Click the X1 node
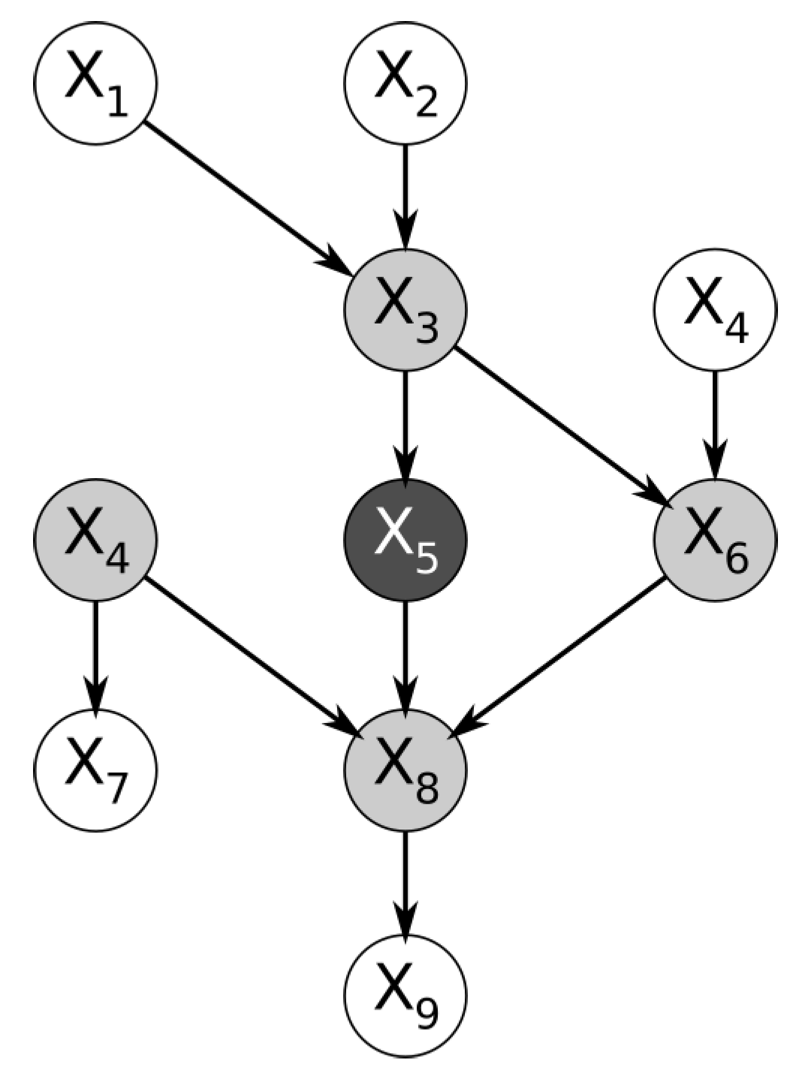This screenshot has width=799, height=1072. pyautogui.click(x=95, y=83)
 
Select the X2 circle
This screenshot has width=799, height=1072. pyautogui.click(x=406, y=83)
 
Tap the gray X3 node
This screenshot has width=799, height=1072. pyautogui.click(x=406, y=309)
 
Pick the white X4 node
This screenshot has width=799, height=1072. pyautogui.click(x=715, y=309)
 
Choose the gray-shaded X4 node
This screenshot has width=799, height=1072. pyautogui.click(x=95, y=539)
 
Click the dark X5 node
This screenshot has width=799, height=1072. pyautogui.click(x=406, y=539)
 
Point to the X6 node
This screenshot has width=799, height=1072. pyautogui.click(x=715, y=539)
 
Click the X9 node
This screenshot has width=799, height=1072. pyautogui.click(x=406, y=997)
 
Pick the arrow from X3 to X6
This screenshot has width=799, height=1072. pyautogui.click(x=559, y=424)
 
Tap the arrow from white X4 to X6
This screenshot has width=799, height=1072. pyautogui.click(x=715, y=424)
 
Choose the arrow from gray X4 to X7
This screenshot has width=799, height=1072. pyautogui.click(x=95, y=653)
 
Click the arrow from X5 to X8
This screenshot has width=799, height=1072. pyautogui.click(x=406, y=653)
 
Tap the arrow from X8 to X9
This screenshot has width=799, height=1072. pyautogui.click(x=406, y=883)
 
